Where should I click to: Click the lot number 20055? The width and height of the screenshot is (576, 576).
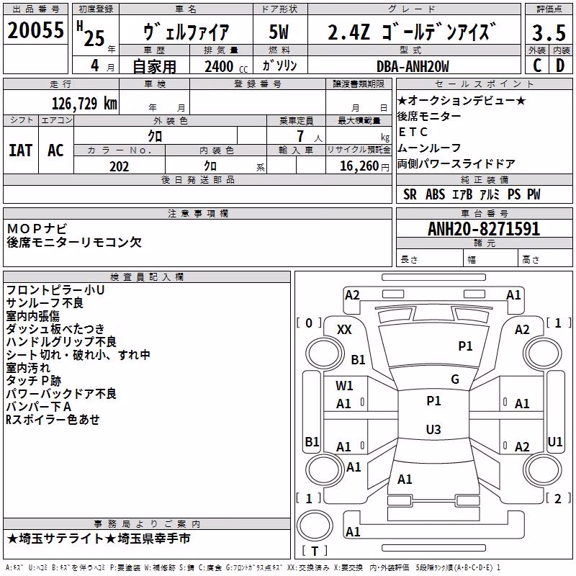[35, 30]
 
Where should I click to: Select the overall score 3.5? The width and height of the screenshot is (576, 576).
[549, 33]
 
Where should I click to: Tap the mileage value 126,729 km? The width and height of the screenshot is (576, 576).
[84, 104]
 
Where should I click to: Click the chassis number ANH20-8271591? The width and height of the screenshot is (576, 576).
[484, 229]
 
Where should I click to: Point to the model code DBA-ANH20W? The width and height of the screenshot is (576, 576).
[413, 66]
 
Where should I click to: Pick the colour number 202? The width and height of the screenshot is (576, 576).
[120, 166]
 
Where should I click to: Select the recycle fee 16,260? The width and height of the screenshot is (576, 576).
[359, 166]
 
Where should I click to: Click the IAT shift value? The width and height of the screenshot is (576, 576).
[21, 150]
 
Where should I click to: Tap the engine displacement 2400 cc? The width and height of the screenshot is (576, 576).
[226, 66]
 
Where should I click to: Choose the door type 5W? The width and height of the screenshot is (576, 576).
[279, 32]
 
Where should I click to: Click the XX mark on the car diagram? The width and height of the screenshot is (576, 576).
[344, 330]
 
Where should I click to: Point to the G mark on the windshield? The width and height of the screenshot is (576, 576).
[455, 379]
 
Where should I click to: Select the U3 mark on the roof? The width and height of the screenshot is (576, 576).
[433, 429]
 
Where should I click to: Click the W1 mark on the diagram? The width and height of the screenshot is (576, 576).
[344, 386]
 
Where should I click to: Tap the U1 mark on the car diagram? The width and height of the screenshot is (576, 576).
[554, 441]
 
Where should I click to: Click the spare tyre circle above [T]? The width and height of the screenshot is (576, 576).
[315, 526]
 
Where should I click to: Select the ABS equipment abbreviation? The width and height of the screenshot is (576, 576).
[436, 194]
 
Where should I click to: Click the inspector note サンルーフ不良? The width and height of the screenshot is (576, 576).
[45, 303]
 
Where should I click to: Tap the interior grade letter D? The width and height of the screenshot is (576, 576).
[560, 66]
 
